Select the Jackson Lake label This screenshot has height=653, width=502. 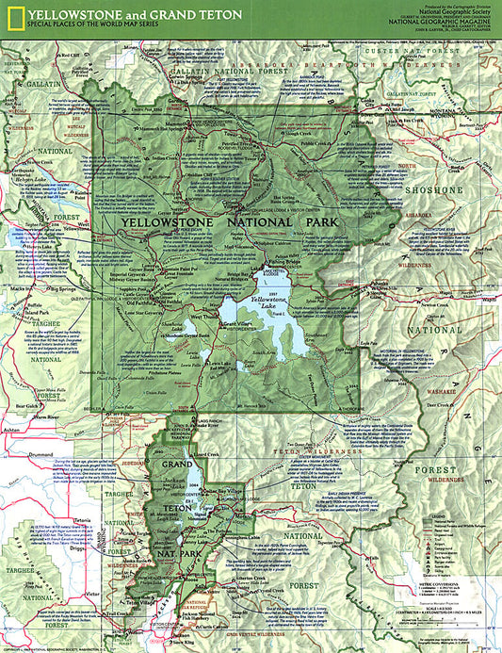(174, 479)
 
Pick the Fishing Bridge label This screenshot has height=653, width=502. (279, 260)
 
